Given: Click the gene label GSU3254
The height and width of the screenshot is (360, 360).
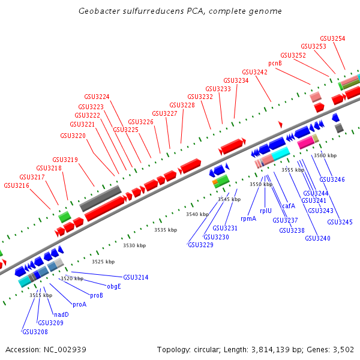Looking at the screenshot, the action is tap(332, 38).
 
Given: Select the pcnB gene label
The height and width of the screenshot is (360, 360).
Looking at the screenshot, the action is tap(275, 62).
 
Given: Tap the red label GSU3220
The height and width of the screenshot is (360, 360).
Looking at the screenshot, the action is tap(73, 136).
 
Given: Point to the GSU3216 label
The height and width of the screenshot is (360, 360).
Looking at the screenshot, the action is tap(16, 185).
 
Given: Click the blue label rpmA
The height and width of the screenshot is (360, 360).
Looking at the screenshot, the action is tap(248, 218).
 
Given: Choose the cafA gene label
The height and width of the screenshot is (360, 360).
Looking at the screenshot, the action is tap(289, 206).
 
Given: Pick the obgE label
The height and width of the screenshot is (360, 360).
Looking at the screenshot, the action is tap(114, 286).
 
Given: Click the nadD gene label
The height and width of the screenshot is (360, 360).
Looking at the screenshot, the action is tap(61, 314).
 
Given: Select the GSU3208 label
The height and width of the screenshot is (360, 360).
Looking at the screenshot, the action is tap(34, 332).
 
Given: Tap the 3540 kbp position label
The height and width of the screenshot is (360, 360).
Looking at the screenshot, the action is tap(197, 214).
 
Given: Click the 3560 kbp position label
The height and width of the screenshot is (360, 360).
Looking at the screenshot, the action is tap(325, 155).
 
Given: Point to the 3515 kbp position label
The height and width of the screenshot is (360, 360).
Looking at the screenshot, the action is tap(41, 295).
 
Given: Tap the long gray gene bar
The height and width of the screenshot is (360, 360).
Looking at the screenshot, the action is tap(101, 197).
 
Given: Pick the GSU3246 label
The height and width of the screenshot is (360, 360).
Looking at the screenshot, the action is tap(332, 179).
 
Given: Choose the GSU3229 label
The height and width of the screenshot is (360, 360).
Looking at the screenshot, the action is tap(200, 245).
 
